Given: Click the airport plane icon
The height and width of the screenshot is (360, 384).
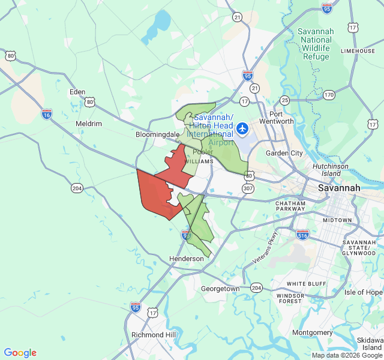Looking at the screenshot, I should pos(242,128).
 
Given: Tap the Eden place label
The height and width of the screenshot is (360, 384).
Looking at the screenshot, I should pos(77,92).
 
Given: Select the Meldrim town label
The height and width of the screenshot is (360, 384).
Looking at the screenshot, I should pos(89,124).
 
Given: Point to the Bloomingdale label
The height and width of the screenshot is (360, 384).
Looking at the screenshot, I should pos(157,135).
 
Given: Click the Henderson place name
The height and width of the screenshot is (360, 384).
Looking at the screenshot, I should pos(187,259).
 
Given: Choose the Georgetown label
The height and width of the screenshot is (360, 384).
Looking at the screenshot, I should pos(220,289).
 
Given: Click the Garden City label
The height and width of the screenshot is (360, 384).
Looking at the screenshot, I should pos(284,153).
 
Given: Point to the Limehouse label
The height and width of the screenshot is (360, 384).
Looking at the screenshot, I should pos(358,51).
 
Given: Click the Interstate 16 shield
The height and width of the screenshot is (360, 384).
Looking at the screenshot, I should pos(47,113).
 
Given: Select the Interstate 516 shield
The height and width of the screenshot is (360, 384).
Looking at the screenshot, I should pos(303,235).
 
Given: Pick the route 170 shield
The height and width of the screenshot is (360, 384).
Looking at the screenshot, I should pos(329,95).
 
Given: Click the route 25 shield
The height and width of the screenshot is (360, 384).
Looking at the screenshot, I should pos(284,100).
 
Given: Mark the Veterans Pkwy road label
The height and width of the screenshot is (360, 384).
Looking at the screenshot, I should pos(266,247).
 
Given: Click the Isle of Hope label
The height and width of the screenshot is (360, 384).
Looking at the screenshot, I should pos(363,292).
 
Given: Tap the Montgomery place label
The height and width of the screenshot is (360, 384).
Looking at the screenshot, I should pos(312,332).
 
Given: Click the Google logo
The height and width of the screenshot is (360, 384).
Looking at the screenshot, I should pos(20,353).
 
